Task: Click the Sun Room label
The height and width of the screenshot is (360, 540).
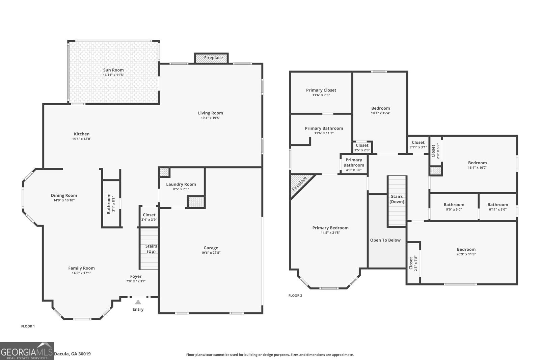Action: [113, 70]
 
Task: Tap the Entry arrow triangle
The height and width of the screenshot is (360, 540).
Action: [138, 302]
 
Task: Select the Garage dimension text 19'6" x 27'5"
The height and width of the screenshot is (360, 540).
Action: [211, 253]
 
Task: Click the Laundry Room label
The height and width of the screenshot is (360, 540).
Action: [181, 184]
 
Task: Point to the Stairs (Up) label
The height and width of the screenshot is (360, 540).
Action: [151, 249]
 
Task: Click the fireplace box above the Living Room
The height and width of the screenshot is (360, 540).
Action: [212, 58]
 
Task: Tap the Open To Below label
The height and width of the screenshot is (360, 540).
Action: [385, 240]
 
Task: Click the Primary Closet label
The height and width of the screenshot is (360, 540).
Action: [321, 90]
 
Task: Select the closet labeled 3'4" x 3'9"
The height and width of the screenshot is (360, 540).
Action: [149, 217]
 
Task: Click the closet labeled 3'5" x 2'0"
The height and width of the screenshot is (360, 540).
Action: [362, 147]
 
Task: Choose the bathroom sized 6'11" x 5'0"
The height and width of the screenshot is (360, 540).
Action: [497, 207]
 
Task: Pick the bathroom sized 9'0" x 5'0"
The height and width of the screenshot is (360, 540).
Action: [454, 207]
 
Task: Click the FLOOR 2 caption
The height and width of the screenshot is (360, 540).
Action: [295, 296]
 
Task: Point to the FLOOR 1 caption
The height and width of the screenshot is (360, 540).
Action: [28, 326]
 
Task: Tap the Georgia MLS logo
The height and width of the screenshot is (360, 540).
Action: [27, 351]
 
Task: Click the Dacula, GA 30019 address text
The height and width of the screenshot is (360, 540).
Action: [72, 354]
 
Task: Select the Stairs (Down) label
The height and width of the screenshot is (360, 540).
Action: [397, 199]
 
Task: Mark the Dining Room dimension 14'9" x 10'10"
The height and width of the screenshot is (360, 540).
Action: [64, 200]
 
